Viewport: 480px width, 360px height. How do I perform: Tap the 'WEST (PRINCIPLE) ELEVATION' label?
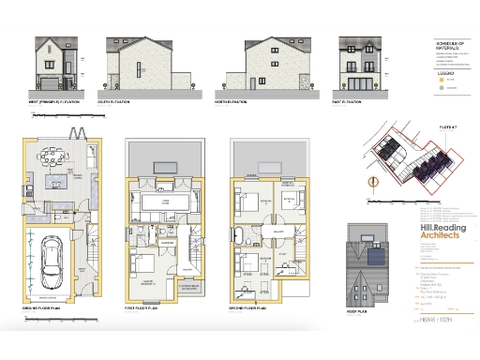coord(53,99)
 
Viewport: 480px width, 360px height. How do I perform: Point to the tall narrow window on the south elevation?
coord(138,70)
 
